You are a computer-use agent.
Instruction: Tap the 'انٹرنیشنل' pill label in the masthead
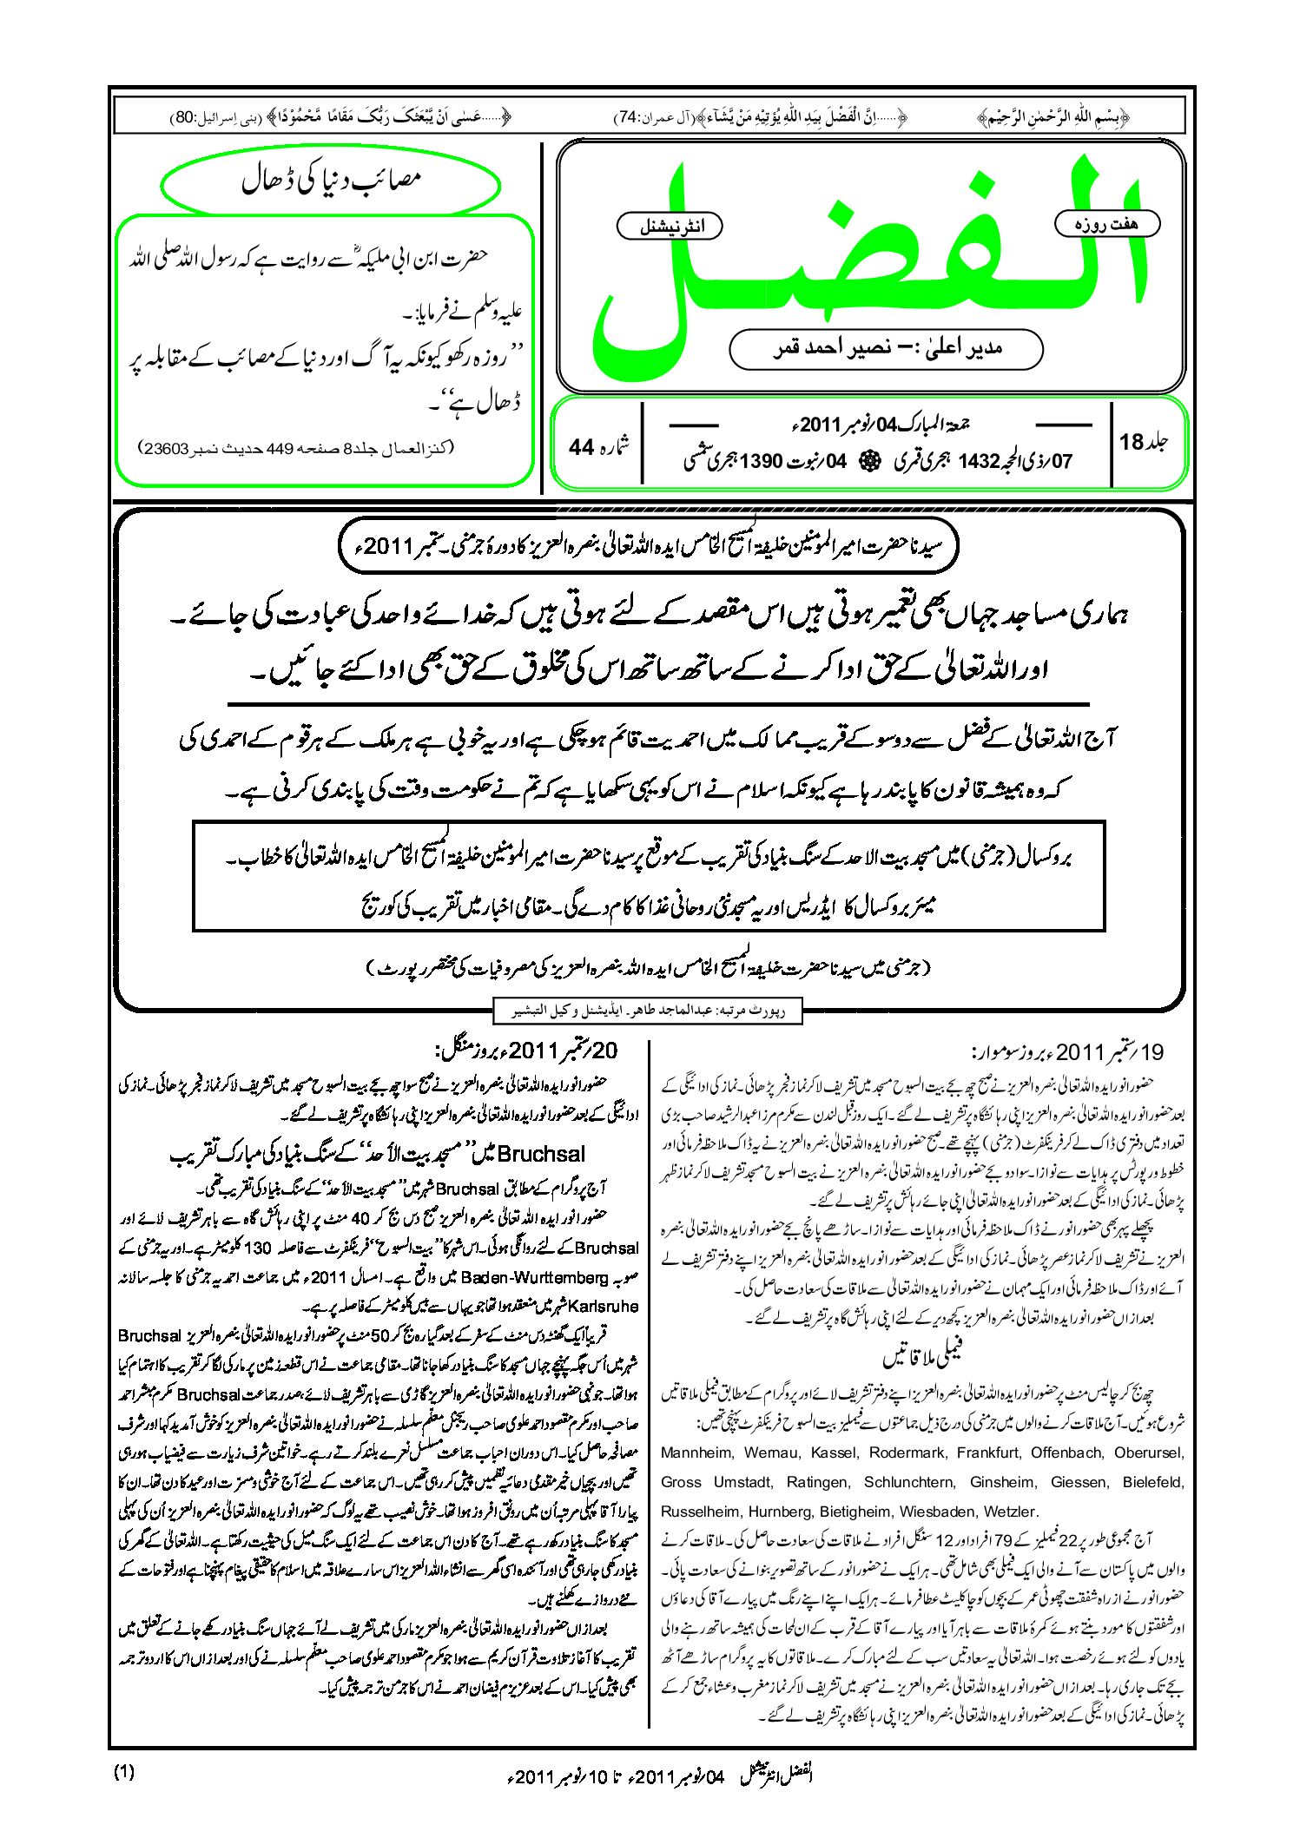coord(670,227)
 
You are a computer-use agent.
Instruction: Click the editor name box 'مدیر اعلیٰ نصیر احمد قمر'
coord(886,348)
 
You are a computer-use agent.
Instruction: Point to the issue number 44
coord(581,446)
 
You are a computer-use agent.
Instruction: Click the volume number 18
coord(1132,442)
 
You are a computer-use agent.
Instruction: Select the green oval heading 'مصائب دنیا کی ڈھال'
coord(331,181)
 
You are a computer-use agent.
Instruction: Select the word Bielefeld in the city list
coord(1152,1482)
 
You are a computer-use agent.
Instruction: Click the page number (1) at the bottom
coord(124,1773)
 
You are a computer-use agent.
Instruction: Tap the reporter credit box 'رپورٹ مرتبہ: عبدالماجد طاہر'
coord(646,1011)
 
